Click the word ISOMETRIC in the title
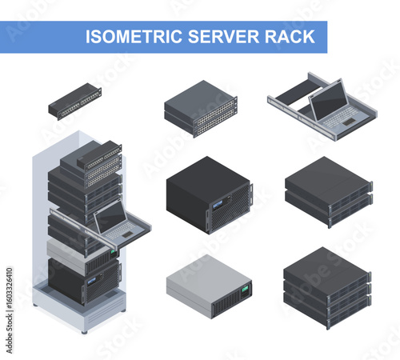point(130,37)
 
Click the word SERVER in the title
point(215,37)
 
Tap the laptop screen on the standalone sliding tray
point(328,100)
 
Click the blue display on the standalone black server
point(218,211)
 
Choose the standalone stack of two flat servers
point(328,192)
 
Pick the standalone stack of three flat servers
point(328,286)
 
